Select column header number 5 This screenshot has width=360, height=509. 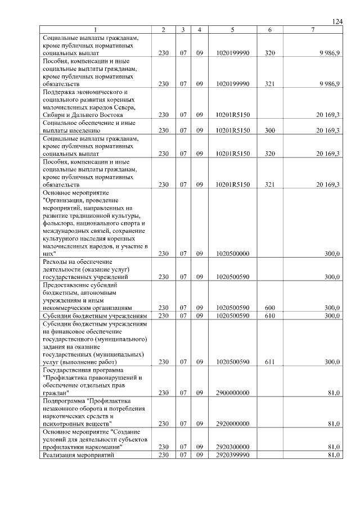click(x=232, y=29)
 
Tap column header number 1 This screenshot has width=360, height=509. click(x=96, y=29)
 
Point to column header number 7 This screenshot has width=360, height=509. click(x=312, y=29)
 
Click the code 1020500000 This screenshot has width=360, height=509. click(x=232, y=254)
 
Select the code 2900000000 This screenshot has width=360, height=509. click(x=232, y=394)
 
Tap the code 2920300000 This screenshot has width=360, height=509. click(x=232, y=447)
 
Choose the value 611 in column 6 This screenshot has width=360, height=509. click(x=269, y=362)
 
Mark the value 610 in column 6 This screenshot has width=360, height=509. click(x=269, y=316)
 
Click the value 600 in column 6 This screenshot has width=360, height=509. click(x=269, y=308)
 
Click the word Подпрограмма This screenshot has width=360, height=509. click(x=62, y=401)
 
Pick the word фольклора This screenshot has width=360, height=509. click(x=60, y=223)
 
